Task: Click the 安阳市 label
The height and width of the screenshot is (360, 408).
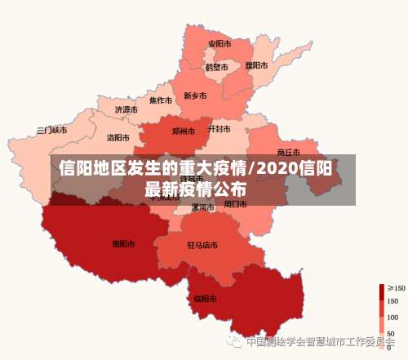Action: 219,43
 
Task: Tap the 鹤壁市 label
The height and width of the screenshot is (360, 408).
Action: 216,67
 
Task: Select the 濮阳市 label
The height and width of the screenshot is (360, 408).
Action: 256,65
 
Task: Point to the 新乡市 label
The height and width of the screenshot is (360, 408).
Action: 195,96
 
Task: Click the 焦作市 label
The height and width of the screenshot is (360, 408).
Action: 161,100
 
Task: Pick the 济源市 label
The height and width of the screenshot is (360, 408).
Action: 126,109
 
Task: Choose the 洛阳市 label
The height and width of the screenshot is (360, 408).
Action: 119,137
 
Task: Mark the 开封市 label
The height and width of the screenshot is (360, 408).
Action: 220,129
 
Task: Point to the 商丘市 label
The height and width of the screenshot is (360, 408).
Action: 289,152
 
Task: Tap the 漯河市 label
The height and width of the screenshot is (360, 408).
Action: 202,207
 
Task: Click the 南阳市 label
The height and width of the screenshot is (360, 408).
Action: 123,243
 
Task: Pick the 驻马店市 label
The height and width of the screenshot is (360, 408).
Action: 202,245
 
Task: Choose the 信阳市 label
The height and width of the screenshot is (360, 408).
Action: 205,298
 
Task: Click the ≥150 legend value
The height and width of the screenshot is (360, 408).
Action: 396,287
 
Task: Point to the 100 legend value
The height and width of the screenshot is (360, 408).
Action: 393,317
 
